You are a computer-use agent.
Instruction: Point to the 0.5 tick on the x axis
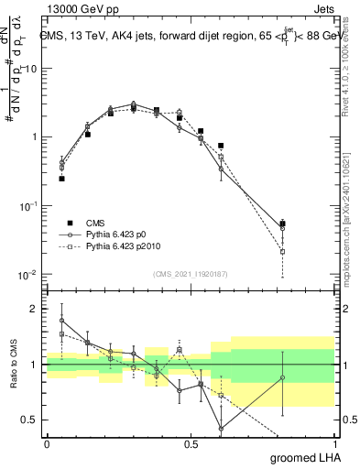(x=191, y=443)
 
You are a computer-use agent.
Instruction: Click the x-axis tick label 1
(x=334, y=443)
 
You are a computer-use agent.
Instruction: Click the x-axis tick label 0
(x=47, y=443)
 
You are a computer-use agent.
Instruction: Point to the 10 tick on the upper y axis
(x=32, y=69)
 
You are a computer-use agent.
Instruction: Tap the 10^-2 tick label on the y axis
(x=29, y=275)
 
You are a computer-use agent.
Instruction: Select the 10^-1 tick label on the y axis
(x=29, y=206)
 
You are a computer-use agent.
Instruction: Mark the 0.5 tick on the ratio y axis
(x=32, y=420)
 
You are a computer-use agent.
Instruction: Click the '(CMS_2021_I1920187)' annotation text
(x=190, y=274)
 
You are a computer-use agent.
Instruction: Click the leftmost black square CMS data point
(x=61, y=179)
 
